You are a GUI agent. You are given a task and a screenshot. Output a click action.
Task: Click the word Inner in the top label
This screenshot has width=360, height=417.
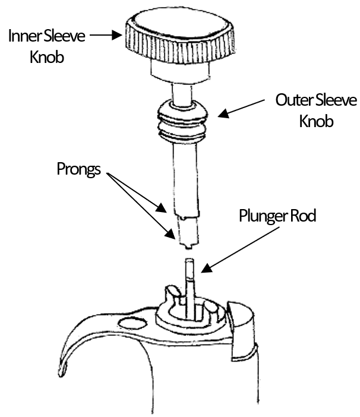[x=24, y=36]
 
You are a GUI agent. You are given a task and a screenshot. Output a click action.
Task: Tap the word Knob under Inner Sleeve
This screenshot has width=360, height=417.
[x=47, y=56]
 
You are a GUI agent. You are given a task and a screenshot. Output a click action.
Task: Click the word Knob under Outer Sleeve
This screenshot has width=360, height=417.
[x=316, y=121]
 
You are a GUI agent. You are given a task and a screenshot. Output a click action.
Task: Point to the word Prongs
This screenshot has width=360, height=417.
[x=78, y=169]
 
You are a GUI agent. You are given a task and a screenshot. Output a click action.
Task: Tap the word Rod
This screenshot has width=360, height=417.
[x=303, y=216]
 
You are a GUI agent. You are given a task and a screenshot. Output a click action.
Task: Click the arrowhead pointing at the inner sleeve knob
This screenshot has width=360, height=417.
[x=116, y=35]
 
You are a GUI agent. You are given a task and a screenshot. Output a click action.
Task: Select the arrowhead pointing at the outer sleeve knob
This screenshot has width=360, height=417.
[x=223, y=113]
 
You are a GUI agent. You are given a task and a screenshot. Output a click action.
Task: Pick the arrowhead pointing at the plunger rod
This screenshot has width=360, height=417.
[x=207, y=267]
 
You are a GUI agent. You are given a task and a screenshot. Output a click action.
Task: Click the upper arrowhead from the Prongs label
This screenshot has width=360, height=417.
[x=161, y=208]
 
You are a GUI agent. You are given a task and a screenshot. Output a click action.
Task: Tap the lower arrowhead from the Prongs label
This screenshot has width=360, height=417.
[x=170, y=234]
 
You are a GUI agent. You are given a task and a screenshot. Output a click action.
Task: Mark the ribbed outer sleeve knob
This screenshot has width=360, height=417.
[x=182, y=121]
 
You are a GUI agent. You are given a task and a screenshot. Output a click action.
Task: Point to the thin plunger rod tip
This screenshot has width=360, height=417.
[x=190, y=262]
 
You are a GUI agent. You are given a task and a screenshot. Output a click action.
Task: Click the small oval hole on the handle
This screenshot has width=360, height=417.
[x=132, y=323]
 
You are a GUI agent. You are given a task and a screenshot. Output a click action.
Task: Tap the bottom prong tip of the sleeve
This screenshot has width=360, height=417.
[x=188, y=247]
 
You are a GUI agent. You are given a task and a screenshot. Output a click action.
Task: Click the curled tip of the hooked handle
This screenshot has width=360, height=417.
[x=62, y=371]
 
